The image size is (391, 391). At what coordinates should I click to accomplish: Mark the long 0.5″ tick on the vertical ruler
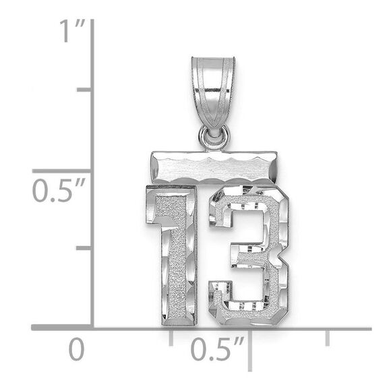[x=64, y=171]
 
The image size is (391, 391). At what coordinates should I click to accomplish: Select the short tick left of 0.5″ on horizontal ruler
[x=171, y=337]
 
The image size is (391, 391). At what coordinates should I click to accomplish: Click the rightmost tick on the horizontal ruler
[x=328, y=337]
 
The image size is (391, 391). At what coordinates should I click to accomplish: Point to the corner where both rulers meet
[x=92, y=328]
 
